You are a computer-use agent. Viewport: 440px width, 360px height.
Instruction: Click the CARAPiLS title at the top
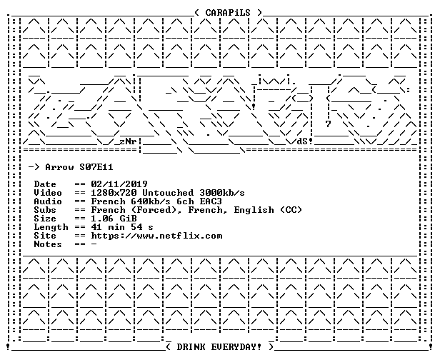point(228,13)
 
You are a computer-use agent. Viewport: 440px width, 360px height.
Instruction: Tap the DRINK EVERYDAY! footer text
point(219,347)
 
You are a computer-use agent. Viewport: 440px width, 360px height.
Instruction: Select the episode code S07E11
point(96,167)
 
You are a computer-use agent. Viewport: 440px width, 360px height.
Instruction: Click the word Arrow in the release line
point(59,167)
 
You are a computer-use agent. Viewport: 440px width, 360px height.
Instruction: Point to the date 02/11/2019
point(119,184)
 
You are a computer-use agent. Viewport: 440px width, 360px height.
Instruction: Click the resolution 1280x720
point(114,193)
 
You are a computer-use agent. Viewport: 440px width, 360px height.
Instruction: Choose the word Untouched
point(168,193)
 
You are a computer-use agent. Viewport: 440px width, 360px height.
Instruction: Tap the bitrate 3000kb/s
point(222,193)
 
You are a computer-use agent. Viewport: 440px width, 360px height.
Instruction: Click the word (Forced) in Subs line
point(156,210)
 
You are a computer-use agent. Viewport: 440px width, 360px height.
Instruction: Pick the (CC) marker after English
point(291,210)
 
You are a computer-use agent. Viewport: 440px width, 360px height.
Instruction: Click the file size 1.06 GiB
point(114,219)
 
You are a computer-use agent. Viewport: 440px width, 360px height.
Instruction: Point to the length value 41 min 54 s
point(122,227)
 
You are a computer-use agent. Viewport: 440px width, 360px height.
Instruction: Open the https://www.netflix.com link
point(156,236)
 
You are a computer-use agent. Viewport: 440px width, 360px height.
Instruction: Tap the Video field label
point(48,193)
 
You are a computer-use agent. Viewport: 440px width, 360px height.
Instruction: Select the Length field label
point(51,227)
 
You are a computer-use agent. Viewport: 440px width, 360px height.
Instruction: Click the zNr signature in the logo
point(128,141)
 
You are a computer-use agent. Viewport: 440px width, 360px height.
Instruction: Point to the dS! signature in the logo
point(305,141)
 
